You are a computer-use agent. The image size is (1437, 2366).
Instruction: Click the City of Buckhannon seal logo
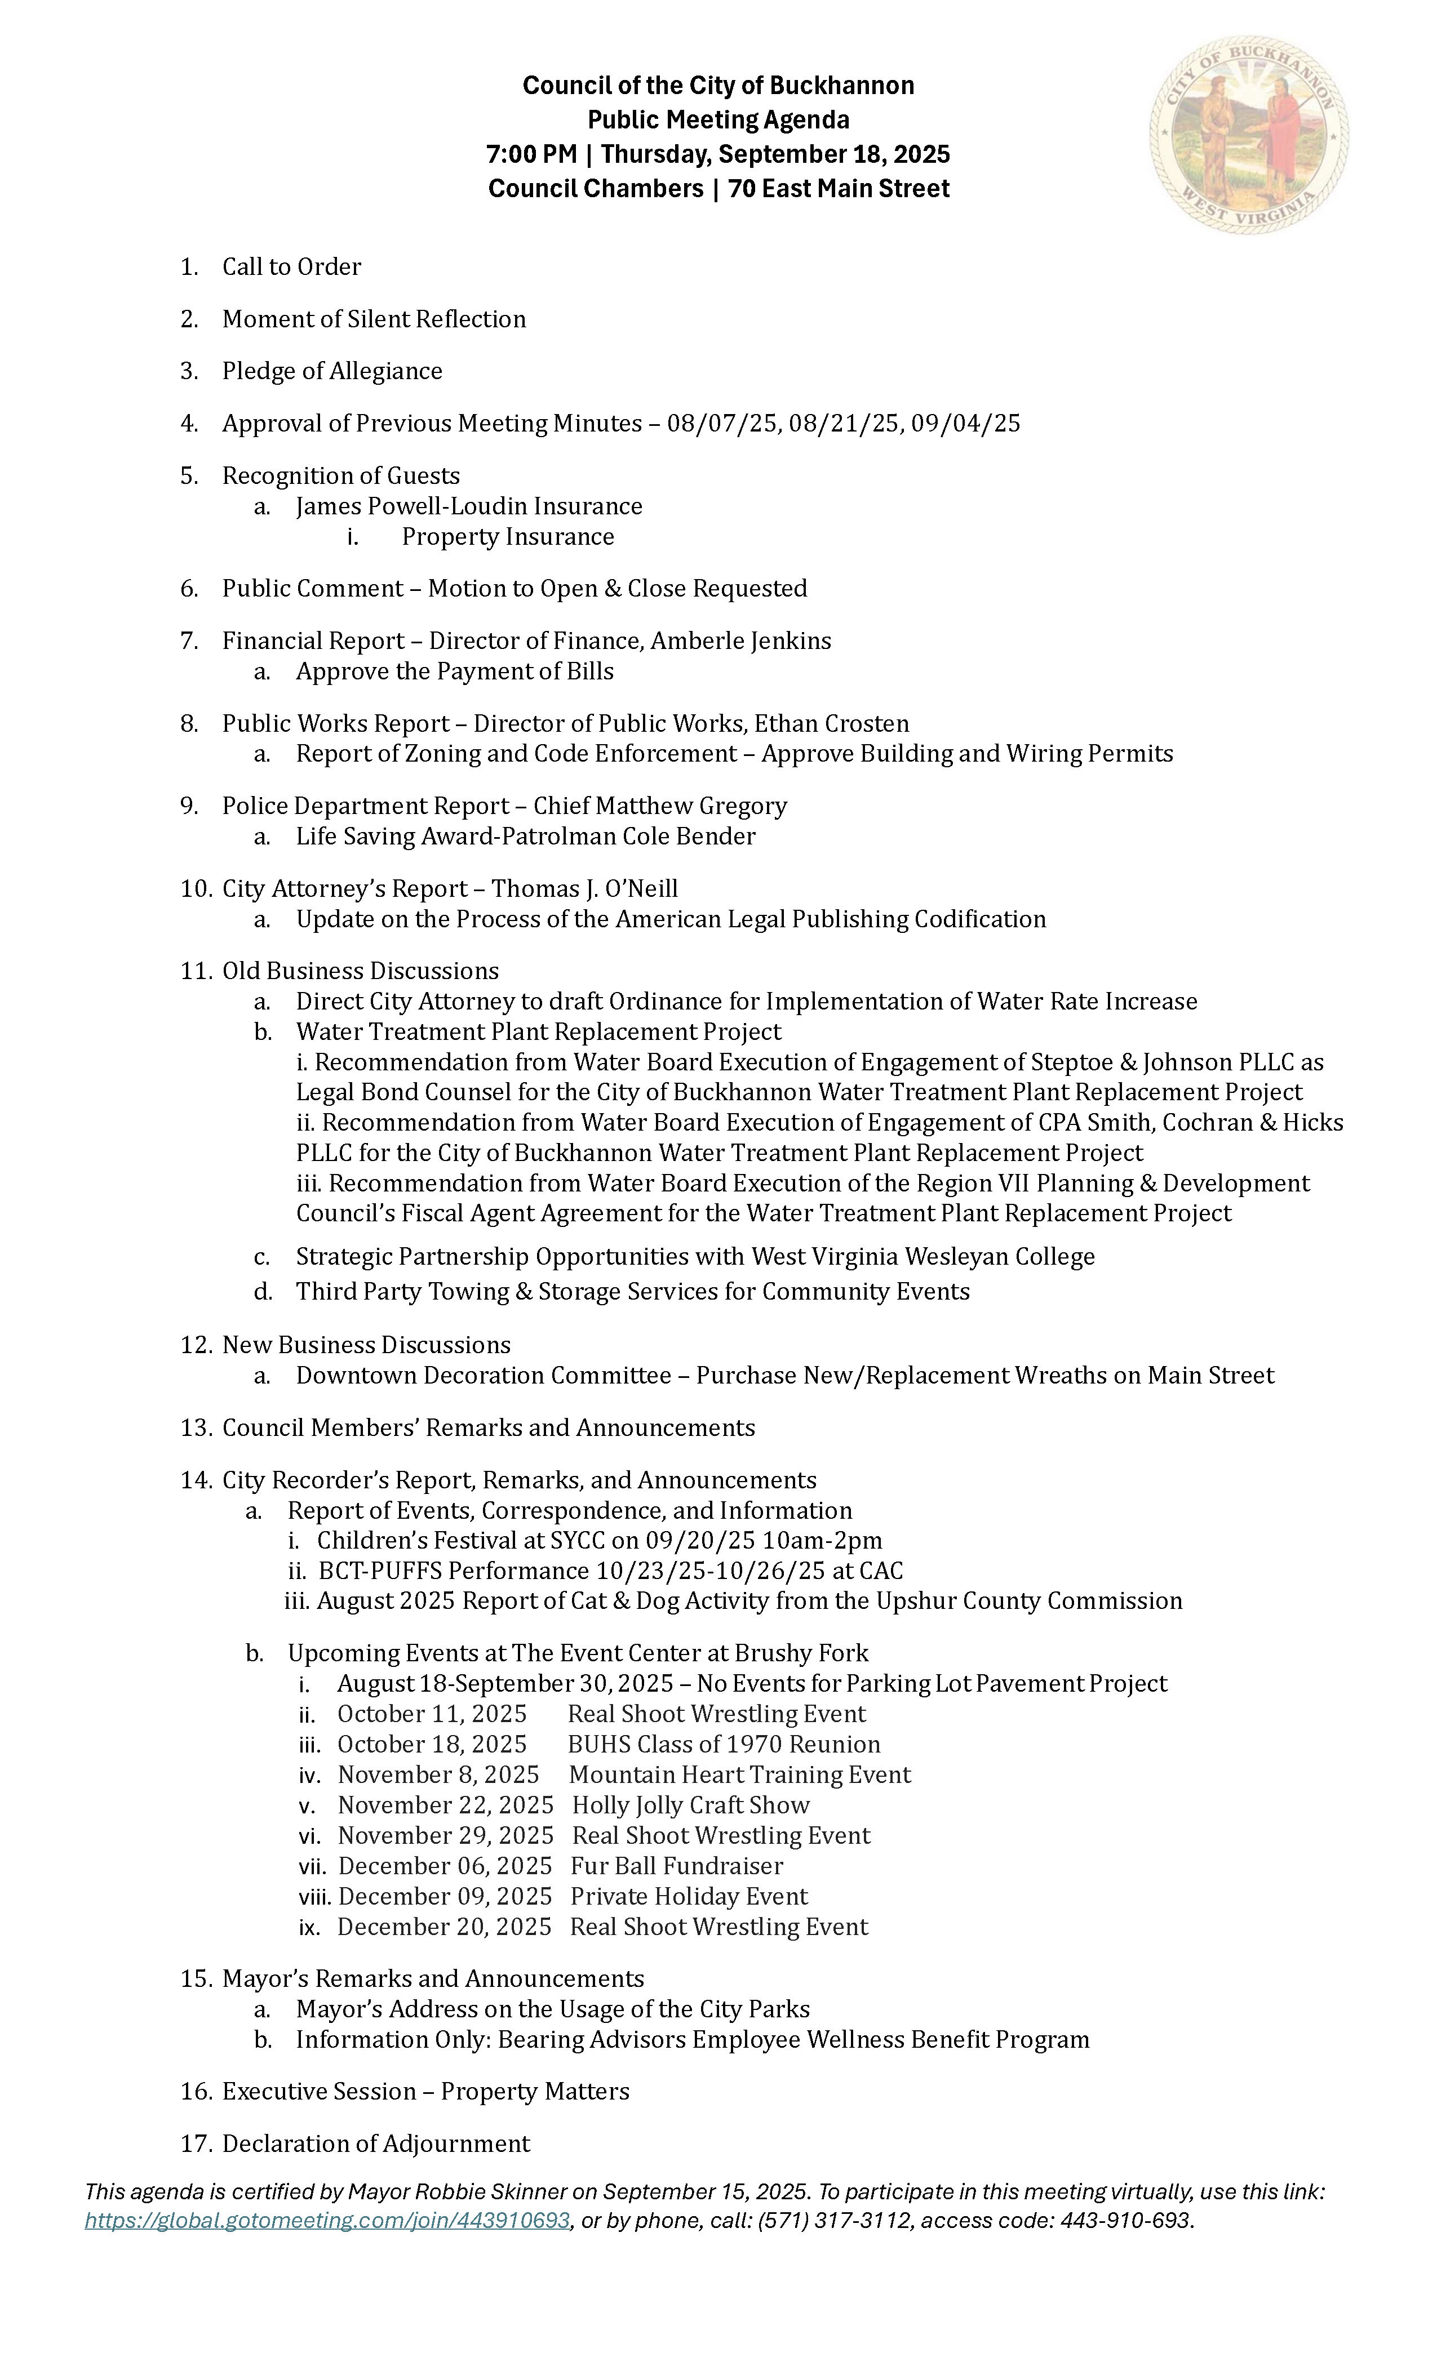click(x=1249, y=135)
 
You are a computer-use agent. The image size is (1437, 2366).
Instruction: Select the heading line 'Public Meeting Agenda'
click(x=718, y=120)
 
